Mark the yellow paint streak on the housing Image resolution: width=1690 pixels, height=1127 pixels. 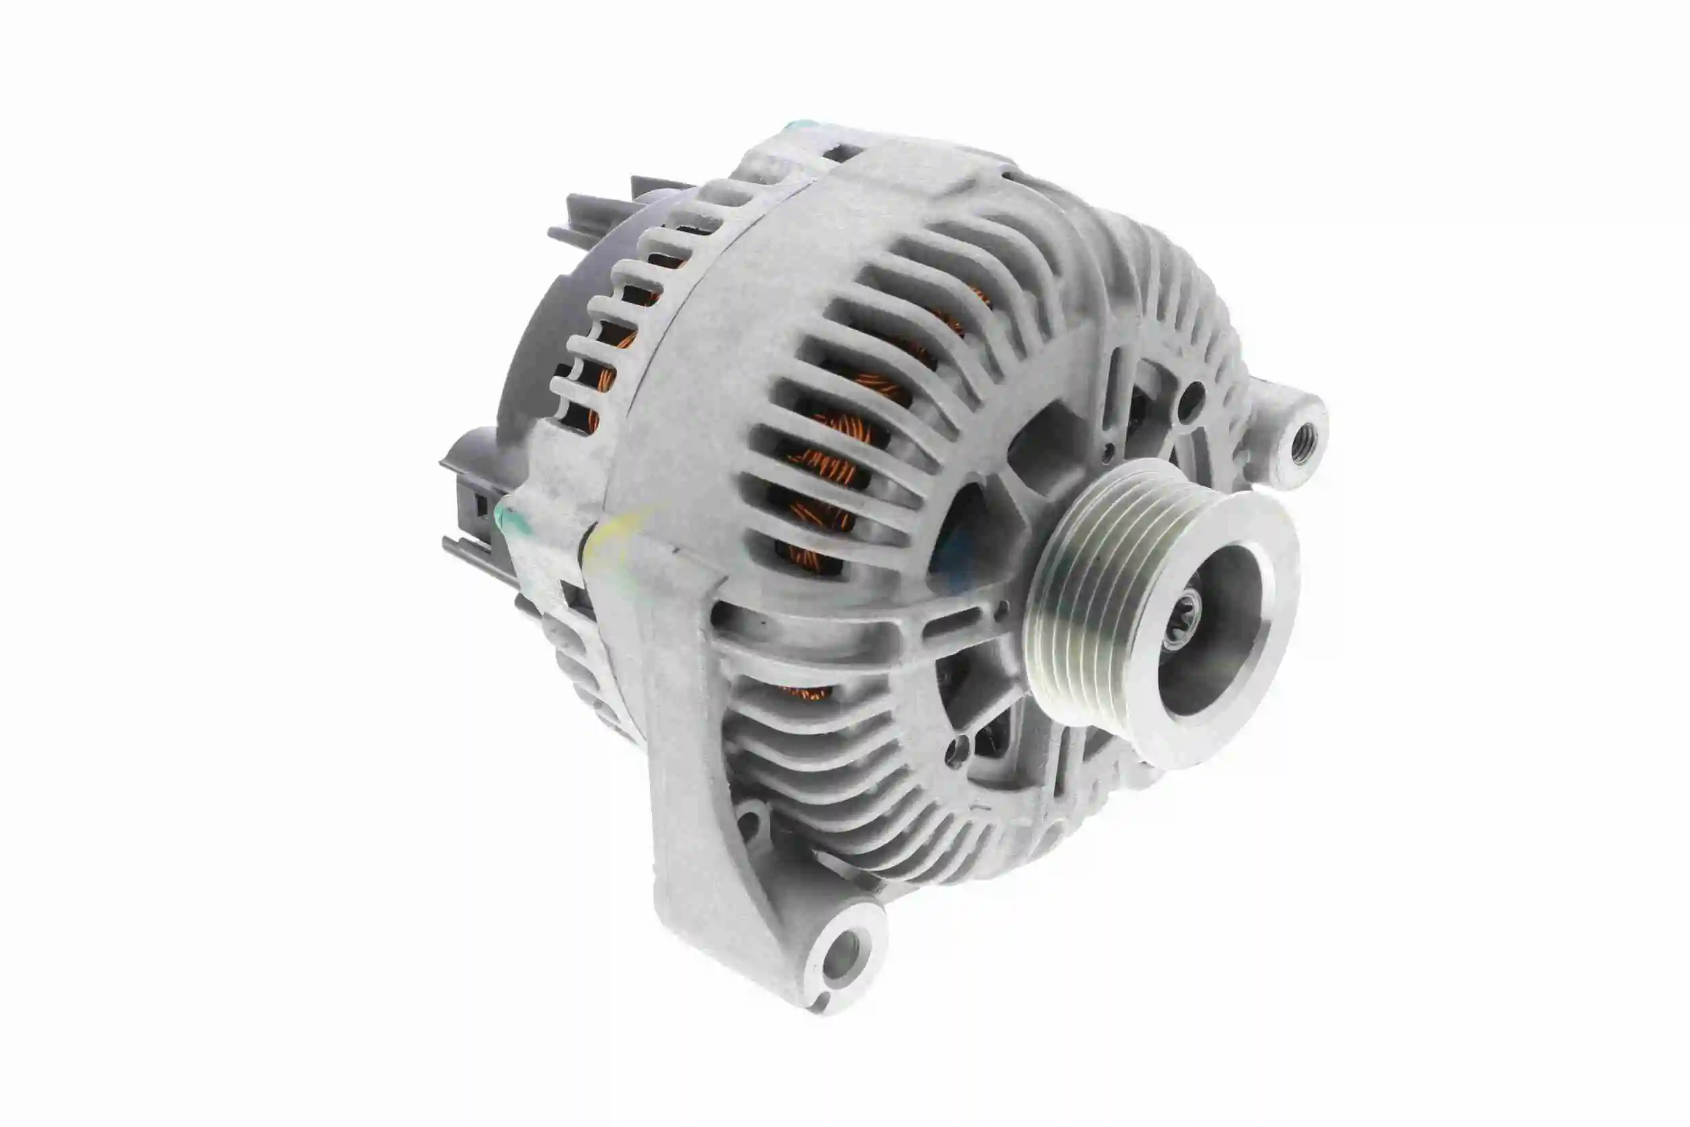[618, 536]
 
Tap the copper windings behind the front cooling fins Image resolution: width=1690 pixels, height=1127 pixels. [826, 460]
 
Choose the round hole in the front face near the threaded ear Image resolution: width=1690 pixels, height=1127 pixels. [1191, 394]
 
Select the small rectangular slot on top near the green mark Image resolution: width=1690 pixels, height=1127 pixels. [842, 152]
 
